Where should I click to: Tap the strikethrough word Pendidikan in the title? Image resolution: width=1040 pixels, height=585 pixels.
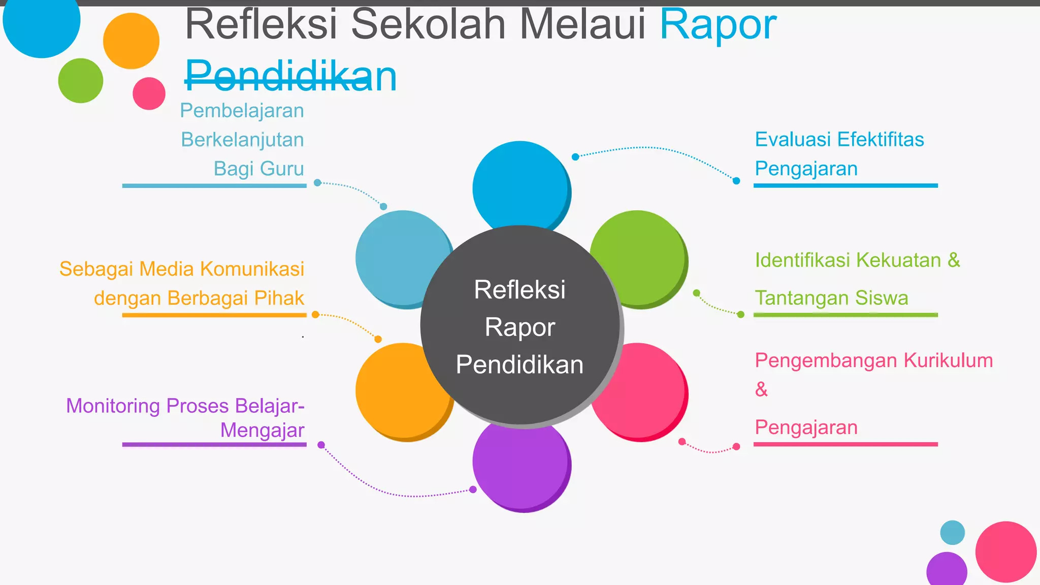click(x=290, y=76)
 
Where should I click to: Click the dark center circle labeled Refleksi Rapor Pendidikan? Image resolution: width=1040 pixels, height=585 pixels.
click(x=519, y=325)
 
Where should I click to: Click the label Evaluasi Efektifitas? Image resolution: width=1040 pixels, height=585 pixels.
click(x=839, y=139)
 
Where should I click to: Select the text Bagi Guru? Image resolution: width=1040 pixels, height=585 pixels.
click(x=258, y=169)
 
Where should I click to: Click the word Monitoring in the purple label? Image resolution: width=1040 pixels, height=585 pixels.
click(x=113, y=406)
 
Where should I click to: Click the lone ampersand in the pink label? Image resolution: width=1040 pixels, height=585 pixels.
click(x=761, y=389)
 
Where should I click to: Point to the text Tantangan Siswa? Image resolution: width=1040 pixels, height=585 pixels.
click(x=831, y=298)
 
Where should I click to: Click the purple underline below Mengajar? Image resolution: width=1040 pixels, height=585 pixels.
click(x=214, y=444)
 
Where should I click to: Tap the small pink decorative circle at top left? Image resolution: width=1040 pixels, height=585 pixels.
click(x=149, y=93)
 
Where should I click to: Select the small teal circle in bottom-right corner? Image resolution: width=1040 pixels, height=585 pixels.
click(x=952, y=532)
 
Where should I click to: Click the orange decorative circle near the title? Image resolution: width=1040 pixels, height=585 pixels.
click(x=131, y=41)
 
